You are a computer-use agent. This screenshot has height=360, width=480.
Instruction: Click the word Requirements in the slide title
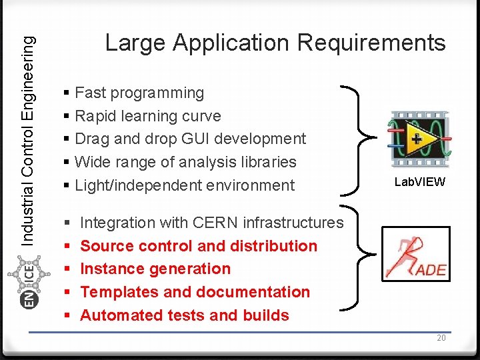[371, 43]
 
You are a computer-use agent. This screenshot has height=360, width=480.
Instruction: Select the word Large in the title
[136, 43]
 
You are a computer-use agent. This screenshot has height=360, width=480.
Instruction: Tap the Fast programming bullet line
[139, 93]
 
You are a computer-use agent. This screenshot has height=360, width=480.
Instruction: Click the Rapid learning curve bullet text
[148, 116]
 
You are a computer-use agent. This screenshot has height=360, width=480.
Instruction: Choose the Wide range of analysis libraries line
[185, 162]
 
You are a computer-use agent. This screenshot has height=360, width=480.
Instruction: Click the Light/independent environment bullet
[185, 185]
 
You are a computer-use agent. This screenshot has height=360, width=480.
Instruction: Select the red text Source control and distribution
[199, 246]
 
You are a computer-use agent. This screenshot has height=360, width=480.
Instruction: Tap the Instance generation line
[155, 269]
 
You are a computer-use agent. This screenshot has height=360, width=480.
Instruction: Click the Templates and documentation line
[195, 292]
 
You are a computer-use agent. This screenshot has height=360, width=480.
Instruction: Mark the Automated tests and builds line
[185, 315]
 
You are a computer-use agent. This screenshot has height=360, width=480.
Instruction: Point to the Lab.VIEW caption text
[419, 182]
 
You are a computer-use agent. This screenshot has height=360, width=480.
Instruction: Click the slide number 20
[441, 338]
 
